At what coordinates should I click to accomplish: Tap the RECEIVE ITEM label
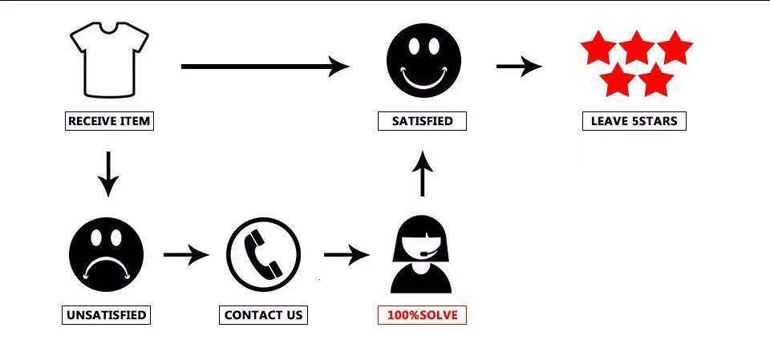click(x=109, y=121)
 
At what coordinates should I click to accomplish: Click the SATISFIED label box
click(x=422, y=121)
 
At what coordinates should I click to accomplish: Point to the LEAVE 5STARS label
click(x=634, y=121)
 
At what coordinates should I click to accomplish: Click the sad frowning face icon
click(x=107, y=254)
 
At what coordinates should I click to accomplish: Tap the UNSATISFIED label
click(x=106, y=315)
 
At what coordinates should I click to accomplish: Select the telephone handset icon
click(x=264, y=254)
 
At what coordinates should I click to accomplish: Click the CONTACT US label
click(x=263, y=315)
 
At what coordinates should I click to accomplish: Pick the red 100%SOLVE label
click(x=422, y=315)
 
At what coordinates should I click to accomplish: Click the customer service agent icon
click(x=421, y=254)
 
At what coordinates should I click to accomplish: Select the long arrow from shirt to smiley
click(x=265, y=67)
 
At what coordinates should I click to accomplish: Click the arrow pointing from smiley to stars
click(x=519, y=67)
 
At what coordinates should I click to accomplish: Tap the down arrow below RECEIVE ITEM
click(x=108, y=174)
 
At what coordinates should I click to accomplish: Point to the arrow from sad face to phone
click(x=186, y=254)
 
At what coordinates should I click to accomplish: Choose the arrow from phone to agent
click(x=346, y=254)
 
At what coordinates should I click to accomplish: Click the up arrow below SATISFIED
click(x=423, y=174)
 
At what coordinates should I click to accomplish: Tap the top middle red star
click(x=636, y=47)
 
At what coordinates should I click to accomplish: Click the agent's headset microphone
click(x=430, y=252)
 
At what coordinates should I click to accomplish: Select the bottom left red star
click(x=618, y=80)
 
